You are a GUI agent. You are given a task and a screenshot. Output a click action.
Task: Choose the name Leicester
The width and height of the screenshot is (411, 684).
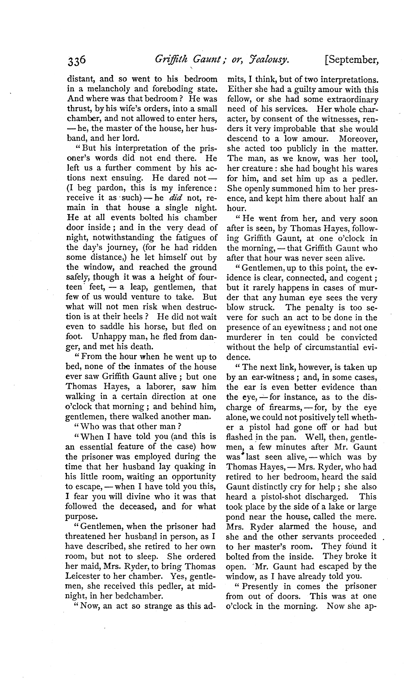[x=83, y=576]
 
